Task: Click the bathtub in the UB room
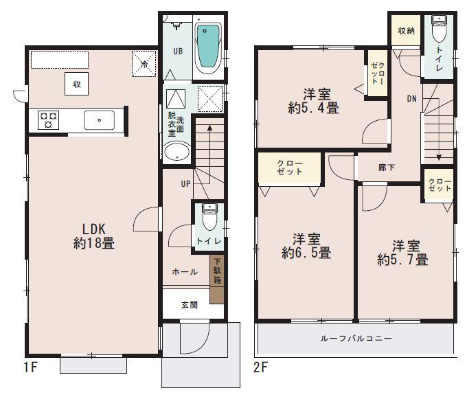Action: pos(207,47)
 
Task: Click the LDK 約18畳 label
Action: pos(94,235)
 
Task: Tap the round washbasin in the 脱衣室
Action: pos(176,152)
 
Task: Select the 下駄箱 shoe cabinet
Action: pos(216,279)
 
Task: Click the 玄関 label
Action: pos(190,305)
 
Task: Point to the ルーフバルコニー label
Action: pos(356,339)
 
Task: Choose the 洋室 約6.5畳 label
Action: pos(306,246)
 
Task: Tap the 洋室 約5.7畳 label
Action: pos(402,252)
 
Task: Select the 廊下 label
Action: pos(386,168)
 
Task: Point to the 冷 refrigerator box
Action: pos(144,63)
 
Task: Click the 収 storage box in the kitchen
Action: pos(77,84)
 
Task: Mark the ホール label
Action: pos(185,272)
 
